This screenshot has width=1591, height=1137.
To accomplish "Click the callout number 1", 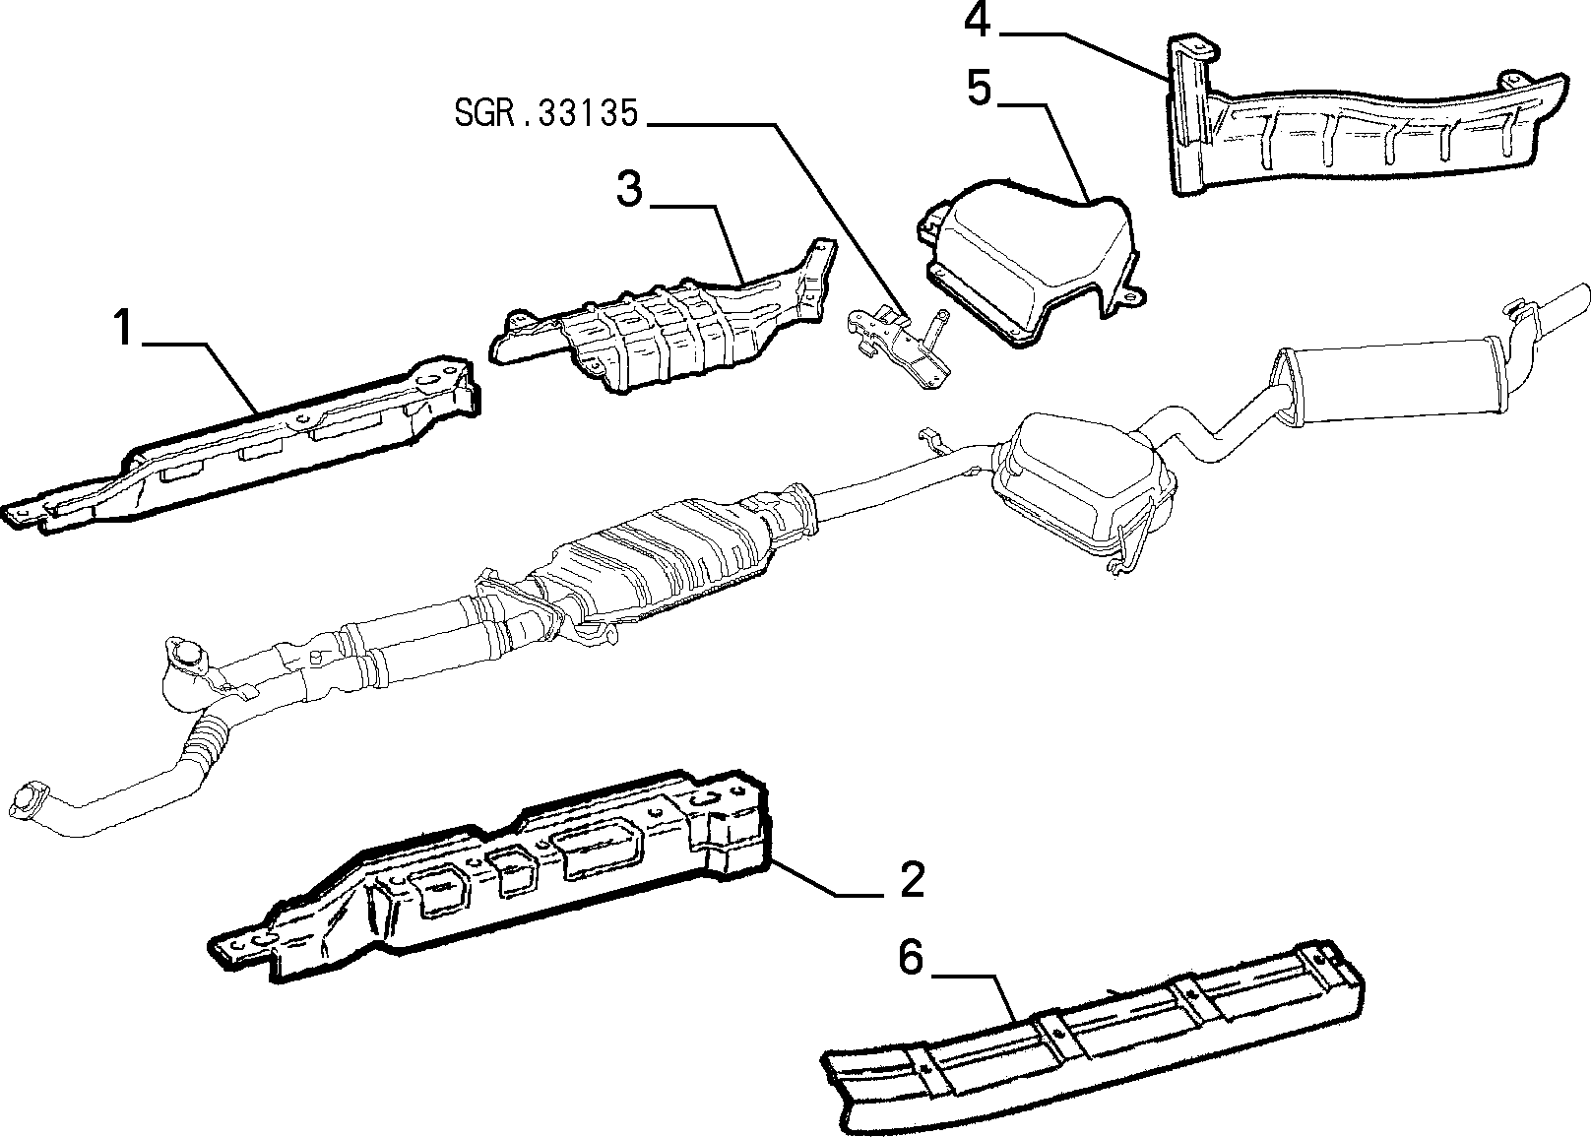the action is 124,327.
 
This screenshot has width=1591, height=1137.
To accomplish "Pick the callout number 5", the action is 979,88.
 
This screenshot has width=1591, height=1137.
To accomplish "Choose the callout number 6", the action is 911,957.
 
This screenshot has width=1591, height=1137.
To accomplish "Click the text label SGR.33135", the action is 546,113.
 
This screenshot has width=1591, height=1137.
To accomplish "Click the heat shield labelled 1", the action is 241,444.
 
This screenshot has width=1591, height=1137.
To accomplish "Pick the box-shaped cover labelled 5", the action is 1030,267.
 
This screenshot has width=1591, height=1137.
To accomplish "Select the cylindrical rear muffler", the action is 1392,387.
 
